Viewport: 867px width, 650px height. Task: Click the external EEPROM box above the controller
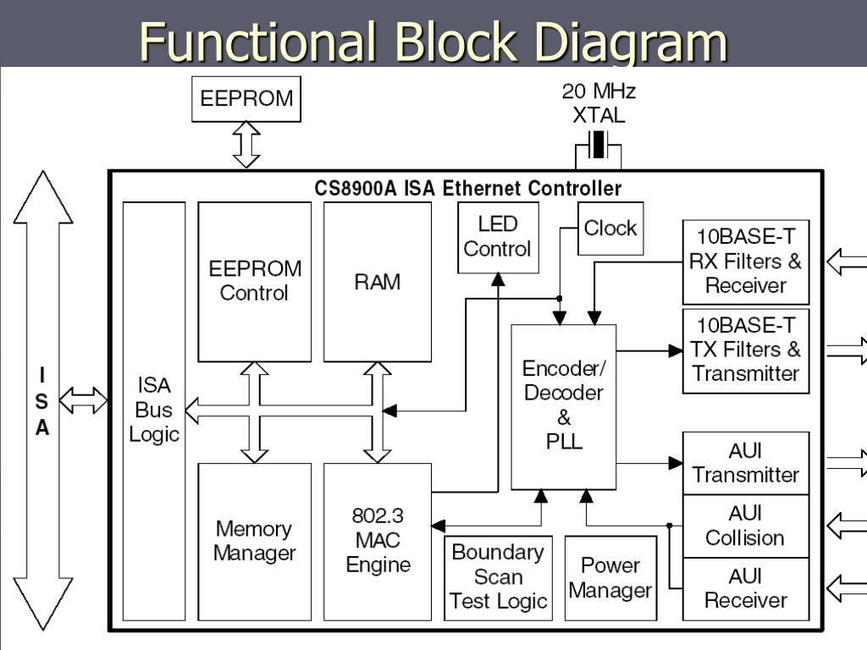point(246,99)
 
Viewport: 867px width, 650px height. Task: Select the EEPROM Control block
point(254,282)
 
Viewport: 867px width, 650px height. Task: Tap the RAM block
point(377,282)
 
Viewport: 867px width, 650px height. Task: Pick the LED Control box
point(498,237)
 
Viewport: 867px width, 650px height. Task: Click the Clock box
point(610,229)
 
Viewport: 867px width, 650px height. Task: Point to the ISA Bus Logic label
point(154,410)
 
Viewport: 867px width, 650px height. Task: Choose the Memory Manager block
point(254,542)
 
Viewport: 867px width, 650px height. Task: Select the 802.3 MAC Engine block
point(377,542)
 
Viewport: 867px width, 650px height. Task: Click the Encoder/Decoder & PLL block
point(563,407)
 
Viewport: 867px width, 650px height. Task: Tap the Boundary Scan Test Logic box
point(498,578)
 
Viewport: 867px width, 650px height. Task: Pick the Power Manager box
point(610,578)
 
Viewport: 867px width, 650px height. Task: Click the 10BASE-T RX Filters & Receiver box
point(746,262)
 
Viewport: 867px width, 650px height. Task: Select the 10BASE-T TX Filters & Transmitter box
point(746,351)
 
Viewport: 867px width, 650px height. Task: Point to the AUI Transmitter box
point(746,463)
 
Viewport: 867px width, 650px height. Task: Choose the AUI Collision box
point(746,526)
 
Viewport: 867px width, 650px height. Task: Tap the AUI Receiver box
point(746,589)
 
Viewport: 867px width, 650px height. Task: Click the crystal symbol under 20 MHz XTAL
point(598,145)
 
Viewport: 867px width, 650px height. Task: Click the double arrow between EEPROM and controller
point(246,145)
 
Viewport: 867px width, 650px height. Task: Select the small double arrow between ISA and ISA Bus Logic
point(84,400)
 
